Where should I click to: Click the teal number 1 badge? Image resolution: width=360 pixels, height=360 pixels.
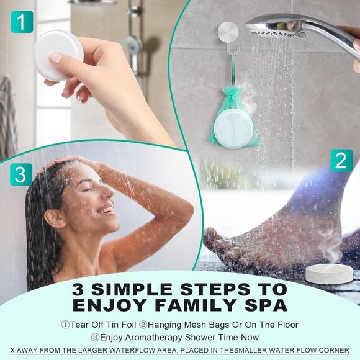tap(22, 22)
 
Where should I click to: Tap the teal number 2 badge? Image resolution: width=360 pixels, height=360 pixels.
tap(341, 160)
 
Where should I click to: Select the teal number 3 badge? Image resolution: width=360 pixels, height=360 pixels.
tap(21, 174)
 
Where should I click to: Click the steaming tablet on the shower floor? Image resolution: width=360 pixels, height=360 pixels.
tap(329, 274)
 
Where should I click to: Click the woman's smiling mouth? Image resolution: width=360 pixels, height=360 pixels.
tap(107, 209)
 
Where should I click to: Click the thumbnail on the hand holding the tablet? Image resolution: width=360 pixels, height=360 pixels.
tap(56, 58)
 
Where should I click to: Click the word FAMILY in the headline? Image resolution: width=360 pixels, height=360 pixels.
tap(196, 305)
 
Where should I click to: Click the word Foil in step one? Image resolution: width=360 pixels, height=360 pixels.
tap(129, 325)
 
